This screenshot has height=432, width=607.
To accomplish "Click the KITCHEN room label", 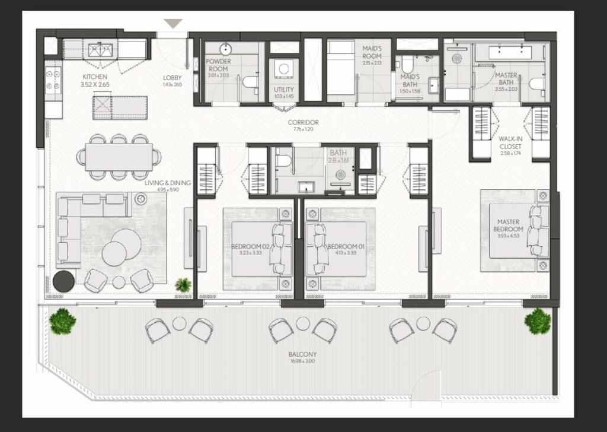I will coord(95,77).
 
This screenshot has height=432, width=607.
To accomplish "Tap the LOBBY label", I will coord(172,78).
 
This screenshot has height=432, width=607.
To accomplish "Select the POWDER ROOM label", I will coord(218,65).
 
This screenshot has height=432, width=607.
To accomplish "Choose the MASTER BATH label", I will coord(506,79).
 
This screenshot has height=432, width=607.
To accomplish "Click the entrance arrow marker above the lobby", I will coord(173,23).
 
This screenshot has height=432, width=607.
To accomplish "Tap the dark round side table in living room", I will coord(63,281).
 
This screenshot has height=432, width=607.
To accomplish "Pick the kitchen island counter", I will coord(116,106).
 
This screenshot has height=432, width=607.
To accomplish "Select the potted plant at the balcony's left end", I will coord(62,321).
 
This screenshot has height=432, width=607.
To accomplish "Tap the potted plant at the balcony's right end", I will coord(537,320).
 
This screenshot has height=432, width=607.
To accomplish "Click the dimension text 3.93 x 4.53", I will coord(509,236).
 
